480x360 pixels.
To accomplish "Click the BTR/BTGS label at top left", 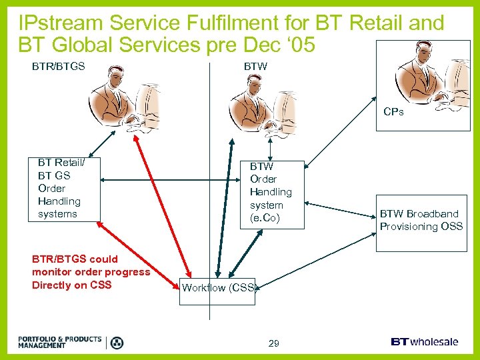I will click(x=59, y=67).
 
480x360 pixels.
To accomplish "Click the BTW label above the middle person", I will click(x=255, y=67).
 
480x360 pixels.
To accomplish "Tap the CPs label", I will click(x=393, y=112).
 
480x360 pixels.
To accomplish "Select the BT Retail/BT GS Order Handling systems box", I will click(x=64, y=188).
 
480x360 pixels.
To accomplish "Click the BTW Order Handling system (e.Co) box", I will click(x=272, y=192).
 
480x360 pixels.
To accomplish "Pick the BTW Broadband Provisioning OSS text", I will click(x=421, y=220).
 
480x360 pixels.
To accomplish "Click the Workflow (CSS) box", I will click(x=219, y=288).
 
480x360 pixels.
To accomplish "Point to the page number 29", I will click(x=273, y=343).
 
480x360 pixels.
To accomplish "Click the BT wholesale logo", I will click(x=425, y=341).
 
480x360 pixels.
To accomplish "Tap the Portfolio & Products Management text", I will click(x=60, y=342).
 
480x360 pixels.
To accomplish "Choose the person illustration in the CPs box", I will click(x=430, y=73).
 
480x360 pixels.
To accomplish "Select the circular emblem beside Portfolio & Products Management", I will click(x=117, y=343).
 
